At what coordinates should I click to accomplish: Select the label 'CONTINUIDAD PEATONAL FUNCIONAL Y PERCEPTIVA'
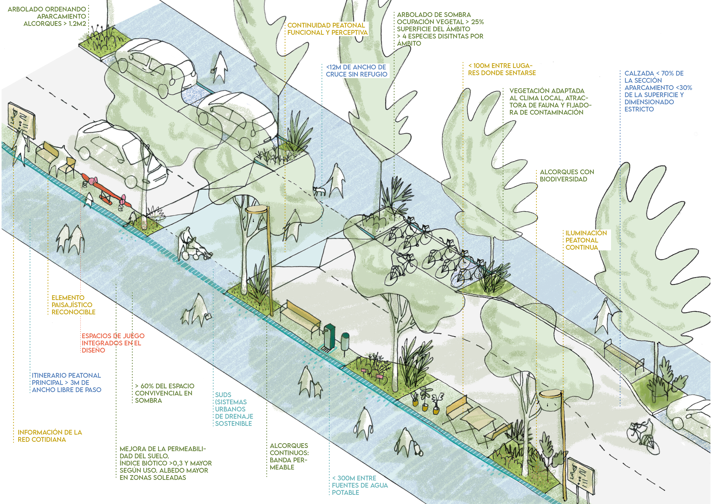327,29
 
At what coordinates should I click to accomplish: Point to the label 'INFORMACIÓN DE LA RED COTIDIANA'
50,436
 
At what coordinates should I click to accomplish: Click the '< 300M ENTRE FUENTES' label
360,485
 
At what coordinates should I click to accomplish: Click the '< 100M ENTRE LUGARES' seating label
502,69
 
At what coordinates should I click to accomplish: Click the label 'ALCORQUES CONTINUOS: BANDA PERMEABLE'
289,456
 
